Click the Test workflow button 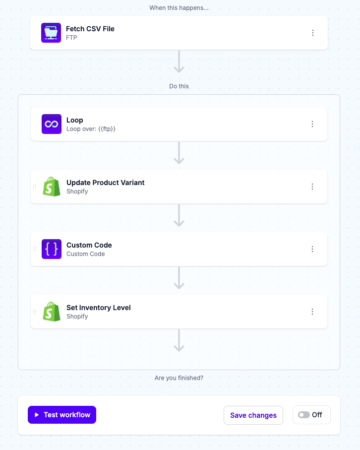pos(62,415)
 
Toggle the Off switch pos(304,415)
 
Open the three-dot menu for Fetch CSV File pos(313,33)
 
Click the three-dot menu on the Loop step pos(312,124)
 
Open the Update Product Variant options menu pos(312,187)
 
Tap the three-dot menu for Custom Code pos(312,249)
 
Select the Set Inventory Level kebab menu pos(312,312)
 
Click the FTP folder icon pos(51,33)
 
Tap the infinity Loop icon pos(52,124)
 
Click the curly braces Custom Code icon pos(52,249)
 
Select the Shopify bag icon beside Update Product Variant pos(52,187)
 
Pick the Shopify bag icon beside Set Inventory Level pos(52,312)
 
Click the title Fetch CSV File pos(90,29)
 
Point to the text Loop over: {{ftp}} pos(91,129)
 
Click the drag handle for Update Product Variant pos(35,187)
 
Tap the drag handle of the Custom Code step pos(35,249)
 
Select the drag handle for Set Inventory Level pos(35,312)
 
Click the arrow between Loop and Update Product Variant pos(179,153)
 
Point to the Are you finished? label pos(179,378)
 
